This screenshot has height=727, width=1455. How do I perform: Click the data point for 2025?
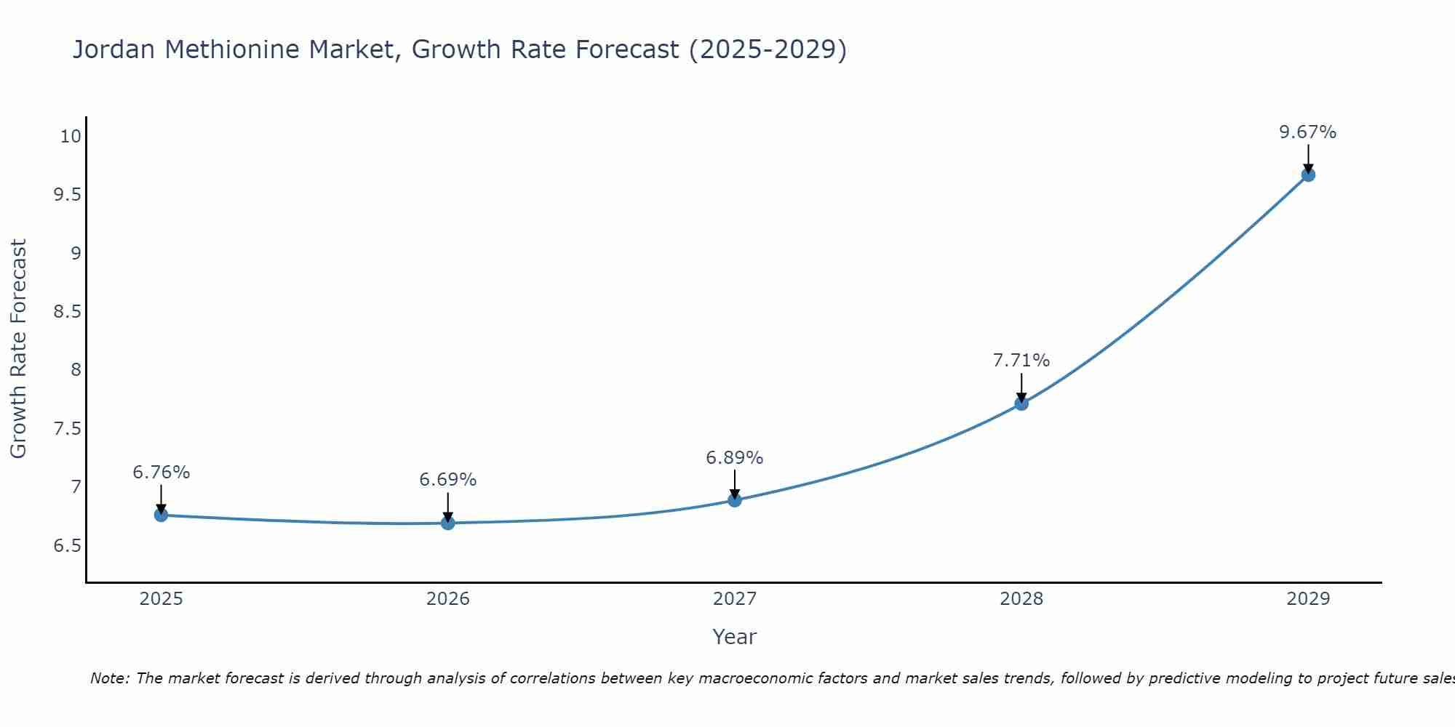pyautogui.click(x=161, y=515)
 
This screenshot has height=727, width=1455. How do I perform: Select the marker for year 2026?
pyautogui.click(x=447, y=523)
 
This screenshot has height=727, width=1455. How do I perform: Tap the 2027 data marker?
pyautogui.click(x=734, y=499)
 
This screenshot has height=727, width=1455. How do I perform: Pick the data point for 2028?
pyautogui.click(x=1021, y=403)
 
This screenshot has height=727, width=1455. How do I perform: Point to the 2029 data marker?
pyautogui.click(x=1307, y=174)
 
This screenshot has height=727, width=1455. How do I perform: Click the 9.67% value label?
pyautogui.click(x=1307, y=132)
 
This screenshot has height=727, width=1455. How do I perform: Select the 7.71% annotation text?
pyautogui.click(x=1021, y=361)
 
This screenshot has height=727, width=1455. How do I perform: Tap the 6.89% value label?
pyautogui.click(x=734, y=458)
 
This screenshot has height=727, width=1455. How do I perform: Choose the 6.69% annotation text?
pyautogui.click(x=447, y=480)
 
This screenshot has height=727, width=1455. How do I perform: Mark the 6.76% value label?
pyautogui.click(x=161, y=473)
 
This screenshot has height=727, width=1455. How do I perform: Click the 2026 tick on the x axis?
pyautogui.click(x=447, y=599)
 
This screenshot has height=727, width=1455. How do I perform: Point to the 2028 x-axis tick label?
pyautogui.click(x=1021, y=599)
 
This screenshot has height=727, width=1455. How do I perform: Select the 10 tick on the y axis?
pyautogui.click(x=70, y=137)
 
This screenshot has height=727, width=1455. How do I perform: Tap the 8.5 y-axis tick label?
pyautogui.click(x=67, y=312)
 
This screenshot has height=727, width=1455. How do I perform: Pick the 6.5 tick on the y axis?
pyautogui.click(x=67, y=546)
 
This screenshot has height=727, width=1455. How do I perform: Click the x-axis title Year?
pyautogui.click(x=734, y=637)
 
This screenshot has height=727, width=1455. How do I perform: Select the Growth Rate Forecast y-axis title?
pyautogui.click(x=18, y=349)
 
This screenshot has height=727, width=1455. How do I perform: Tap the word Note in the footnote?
pyautogui.click(x=109, y=678)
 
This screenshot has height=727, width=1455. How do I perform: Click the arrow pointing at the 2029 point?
pyautogui.click(x=1307, y=158)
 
